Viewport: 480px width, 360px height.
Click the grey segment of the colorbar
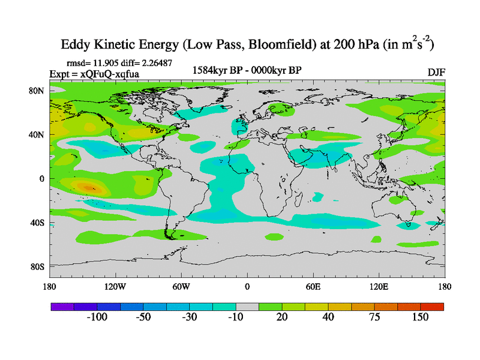(247, 306)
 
